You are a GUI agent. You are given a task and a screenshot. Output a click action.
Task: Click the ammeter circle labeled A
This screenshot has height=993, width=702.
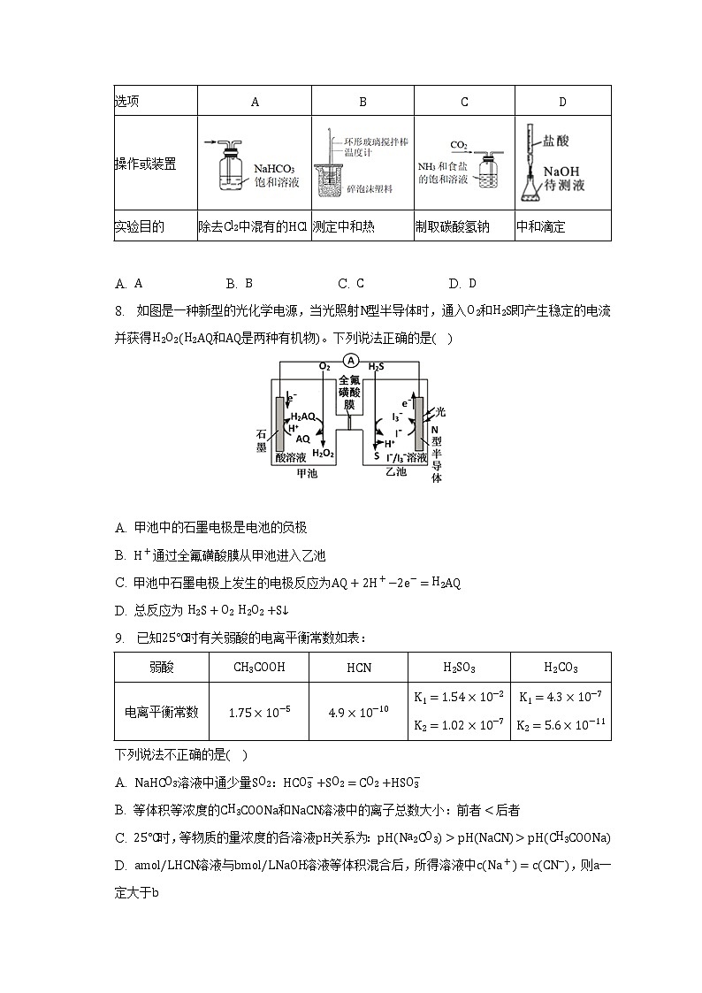351,361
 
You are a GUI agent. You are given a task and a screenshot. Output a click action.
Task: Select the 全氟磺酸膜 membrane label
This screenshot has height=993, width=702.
351,391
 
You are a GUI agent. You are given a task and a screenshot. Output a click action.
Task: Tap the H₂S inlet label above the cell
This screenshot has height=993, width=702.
377,365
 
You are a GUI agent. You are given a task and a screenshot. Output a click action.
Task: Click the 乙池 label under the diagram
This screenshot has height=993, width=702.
396,472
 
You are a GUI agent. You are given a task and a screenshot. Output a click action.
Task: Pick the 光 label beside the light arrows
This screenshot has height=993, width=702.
440,412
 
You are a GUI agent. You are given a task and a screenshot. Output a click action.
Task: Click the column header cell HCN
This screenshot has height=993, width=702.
358,668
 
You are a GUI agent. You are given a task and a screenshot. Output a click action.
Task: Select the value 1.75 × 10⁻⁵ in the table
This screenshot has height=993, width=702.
259,712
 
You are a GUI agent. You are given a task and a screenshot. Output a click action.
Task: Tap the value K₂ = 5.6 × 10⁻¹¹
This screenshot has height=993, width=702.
561,725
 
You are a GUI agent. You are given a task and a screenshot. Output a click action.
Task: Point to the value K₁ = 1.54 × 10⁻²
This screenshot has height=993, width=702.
458,697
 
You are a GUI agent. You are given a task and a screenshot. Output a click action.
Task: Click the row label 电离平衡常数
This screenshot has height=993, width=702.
162,712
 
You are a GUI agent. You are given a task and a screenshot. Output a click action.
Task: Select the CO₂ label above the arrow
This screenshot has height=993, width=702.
459,144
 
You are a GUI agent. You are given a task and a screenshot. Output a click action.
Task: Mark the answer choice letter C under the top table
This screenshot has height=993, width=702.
342,283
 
